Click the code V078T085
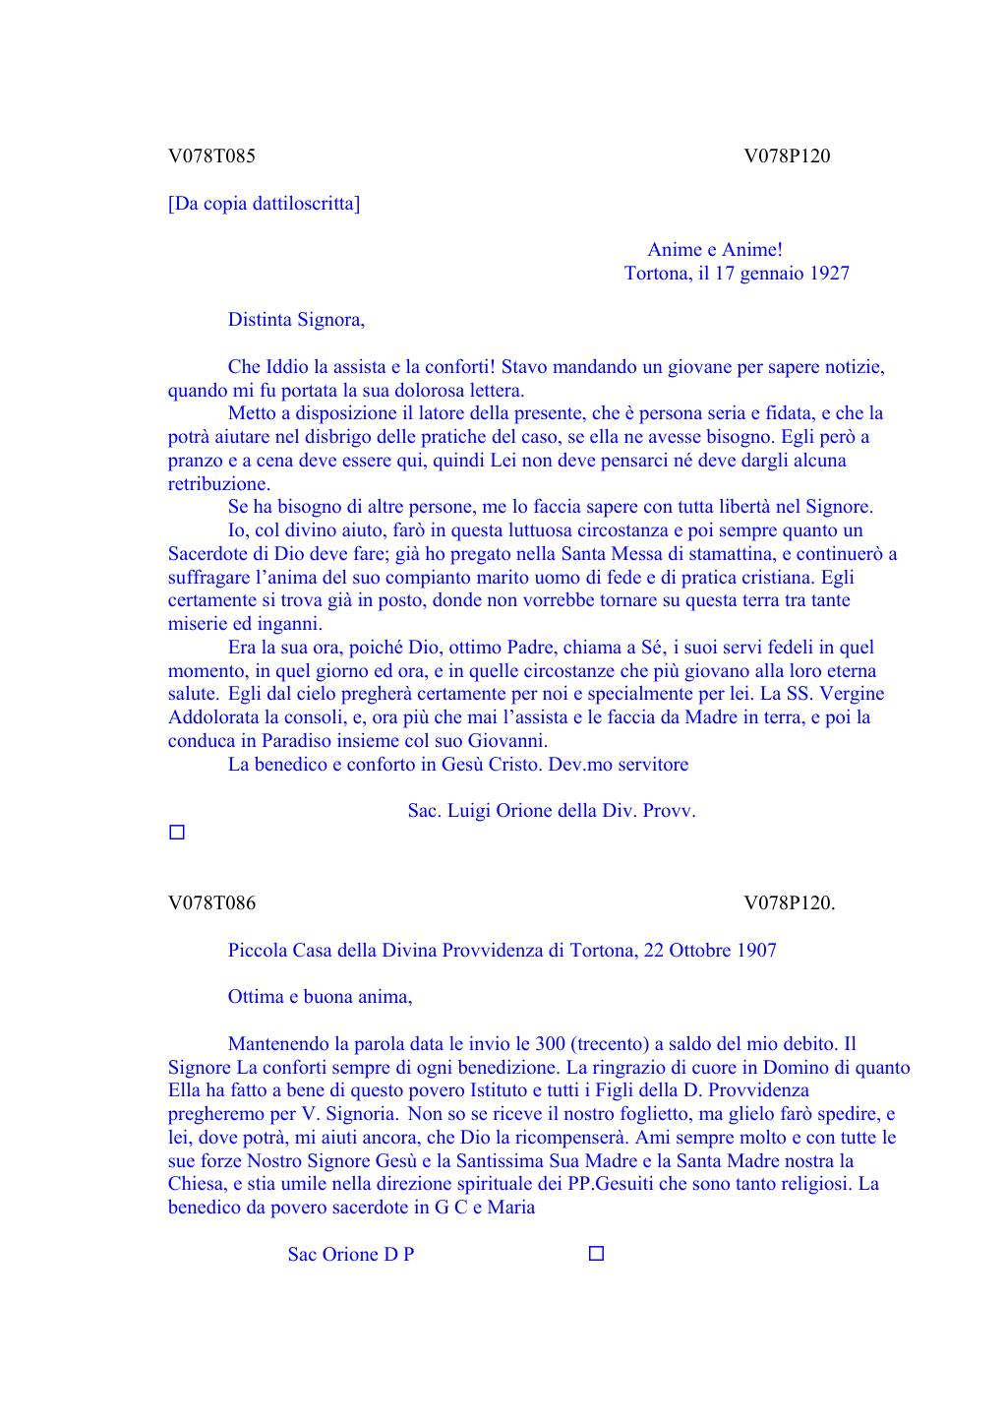(x=211, y=155)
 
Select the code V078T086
(x=211, y=902)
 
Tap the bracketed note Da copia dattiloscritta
(x=264, y=204)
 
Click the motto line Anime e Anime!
(x=715, y=250)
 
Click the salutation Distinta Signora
(x=296, y=320)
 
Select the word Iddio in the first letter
(x=287, y=367)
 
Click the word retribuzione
(x=217, y=484)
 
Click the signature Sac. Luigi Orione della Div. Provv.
(x=552, y=811)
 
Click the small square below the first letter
(x=177, y=833)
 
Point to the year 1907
(x=755, y=951)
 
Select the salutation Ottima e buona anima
(x=320, y=997)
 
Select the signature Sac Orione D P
(x=350, y=1255)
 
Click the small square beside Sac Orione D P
(x=596, y=1254)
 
